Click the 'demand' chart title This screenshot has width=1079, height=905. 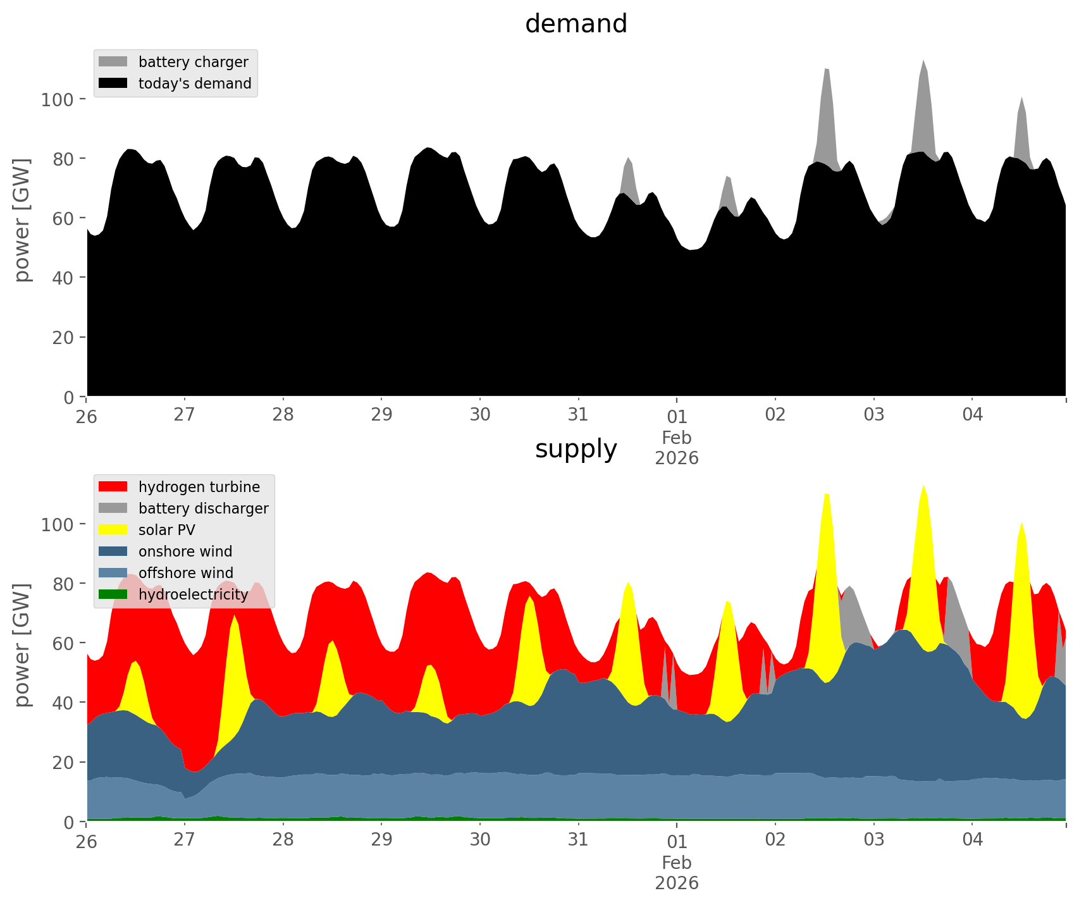576,24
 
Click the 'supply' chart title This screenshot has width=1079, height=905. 576,449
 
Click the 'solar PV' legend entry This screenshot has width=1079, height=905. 166,530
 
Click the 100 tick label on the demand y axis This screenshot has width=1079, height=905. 58,99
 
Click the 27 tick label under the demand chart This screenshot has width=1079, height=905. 184,415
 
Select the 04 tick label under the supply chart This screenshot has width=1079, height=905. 972,840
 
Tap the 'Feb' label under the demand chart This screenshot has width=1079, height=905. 677,438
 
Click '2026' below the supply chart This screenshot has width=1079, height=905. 677,883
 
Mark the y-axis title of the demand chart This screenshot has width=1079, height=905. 22,219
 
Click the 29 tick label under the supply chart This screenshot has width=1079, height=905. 381,840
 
